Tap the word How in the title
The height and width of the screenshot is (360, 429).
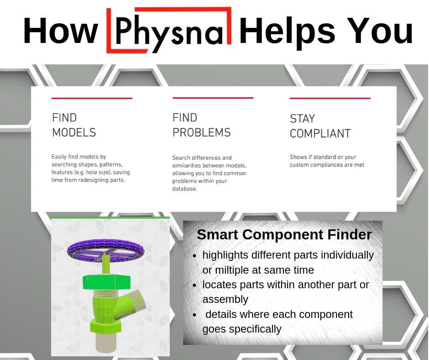(x=60, y=31)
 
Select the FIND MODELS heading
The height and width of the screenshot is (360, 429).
(x=74, y=125)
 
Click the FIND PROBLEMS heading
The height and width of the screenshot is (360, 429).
(x=201, y=125)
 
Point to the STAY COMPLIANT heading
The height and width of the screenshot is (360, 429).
(x=320, y=126)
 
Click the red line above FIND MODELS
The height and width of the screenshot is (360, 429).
(x=92, y=98)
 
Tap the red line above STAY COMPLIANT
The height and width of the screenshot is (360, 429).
(x=330, y=98)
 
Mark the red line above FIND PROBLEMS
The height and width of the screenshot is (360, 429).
(x=213, y=98)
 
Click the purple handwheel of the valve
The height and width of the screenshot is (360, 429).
(x=105, y=249)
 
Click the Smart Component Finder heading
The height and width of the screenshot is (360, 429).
(x=284, y=234)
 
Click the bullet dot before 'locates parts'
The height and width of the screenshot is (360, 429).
(x=195, y=285)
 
